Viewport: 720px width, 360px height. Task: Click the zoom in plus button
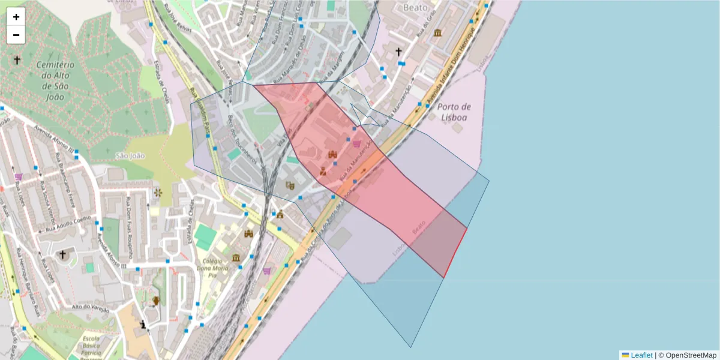coord(16,17)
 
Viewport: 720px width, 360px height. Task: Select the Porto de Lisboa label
coord(454,112)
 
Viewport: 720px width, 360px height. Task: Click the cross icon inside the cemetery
coord(17,60)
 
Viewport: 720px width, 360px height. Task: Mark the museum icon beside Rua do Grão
coord(437,32)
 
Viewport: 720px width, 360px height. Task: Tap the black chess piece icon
coord(143,325)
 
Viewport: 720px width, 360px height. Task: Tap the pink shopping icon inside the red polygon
coord(358,144)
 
